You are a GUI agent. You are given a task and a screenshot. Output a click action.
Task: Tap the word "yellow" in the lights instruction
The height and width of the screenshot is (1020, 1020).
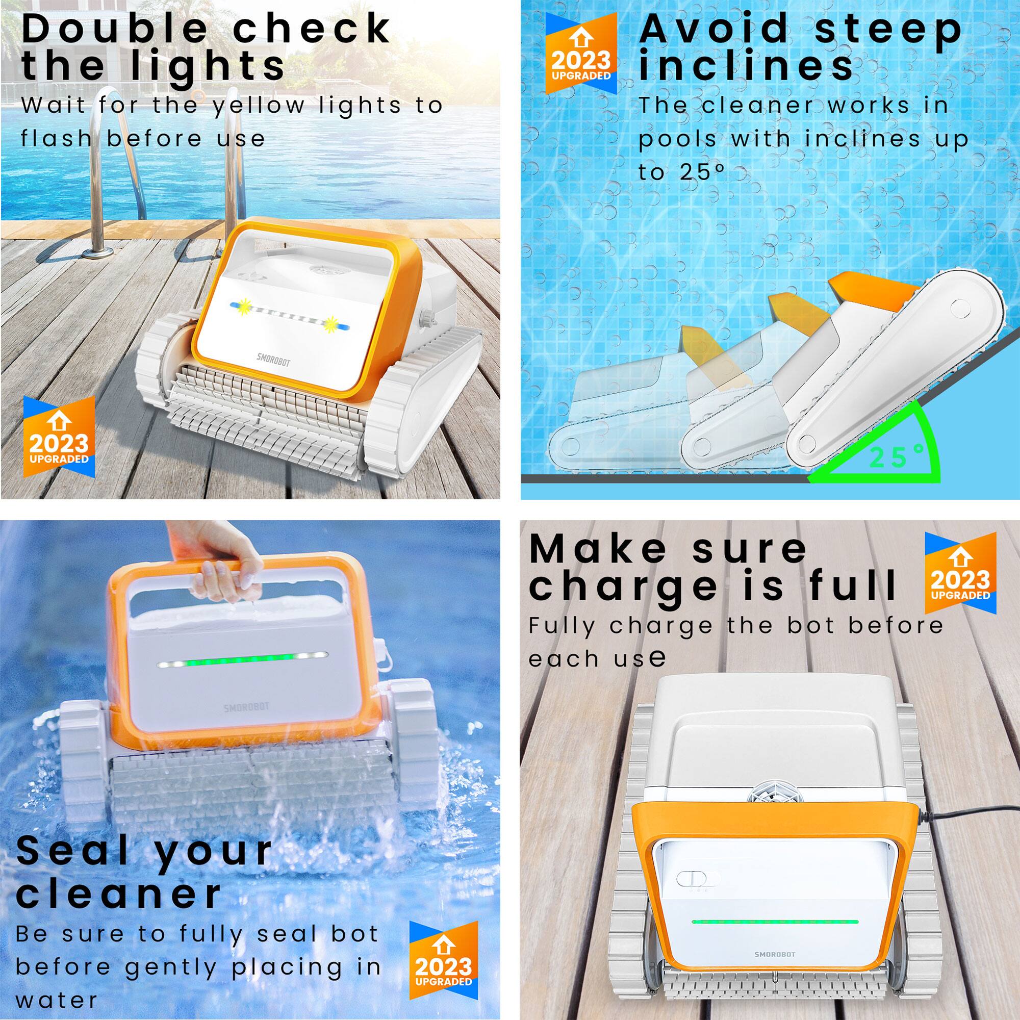coord(259,106)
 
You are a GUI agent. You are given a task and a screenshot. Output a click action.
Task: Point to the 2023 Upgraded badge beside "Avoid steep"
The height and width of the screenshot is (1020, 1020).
coord(581,54)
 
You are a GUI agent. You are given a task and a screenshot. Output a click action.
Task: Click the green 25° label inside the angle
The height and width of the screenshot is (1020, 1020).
coord(898,456)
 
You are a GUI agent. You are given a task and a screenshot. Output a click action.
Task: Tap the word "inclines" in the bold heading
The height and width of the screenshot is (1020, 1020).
coord(745,65)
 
